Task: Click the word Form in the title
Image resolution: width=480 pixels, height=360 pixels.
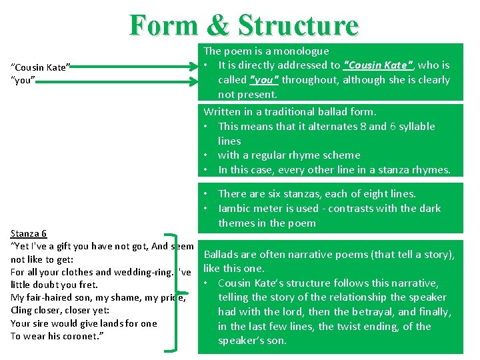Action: click(163, 25)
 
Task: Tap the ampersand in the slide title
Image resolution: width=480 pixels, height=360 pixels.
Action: click(218, 25)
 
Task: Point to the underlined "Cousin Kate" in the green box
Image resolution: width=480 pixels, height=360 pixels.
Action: click(379, 65)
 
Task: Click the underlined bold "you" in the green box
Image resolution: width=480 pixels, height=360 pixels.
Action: click(265, 80)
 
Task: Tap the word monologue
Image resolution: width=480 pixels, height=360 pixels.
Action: click(302, 51)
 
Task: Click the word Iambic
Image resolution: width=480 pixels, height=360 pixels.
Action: click(237, 209)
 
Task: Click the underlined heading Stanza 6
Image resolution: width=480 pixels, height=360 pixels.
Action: click(29, 233)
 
